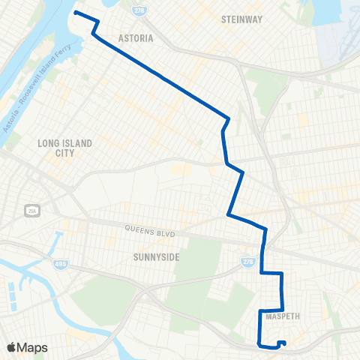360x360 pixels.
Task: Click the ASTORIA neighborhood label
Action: point(136,37)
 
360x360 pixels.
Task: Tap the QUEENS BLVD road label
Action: point(150,232)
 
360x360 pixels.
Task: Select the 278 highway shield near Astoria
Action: point(138,10)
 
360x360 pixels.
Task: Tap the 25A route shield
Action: point(31,209)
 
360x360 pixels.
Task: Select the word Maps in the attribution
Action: point(34,347)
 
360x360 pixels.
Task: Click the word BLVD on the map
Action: point(165,235)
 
